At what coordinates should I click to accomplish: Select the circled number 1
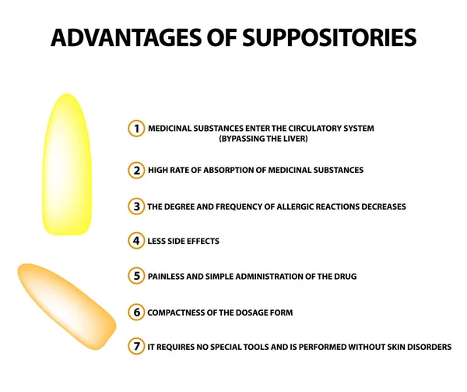[137, 129]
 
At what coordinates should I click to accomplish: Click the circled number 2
[137, 170]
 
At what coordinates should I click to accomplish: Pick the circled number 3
[137, 207]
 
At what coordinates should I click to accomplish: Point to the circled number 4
[137, 241]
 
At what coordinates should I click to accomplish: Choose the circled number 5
[137, 276]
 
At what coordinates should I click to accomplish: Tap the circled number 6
[137, 313]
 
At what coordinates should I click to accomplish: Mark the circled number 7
[137, 347]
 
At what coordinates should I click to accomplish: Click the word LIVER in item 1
[293, 139]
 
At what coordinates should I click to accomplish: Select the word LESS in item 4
[158, 241]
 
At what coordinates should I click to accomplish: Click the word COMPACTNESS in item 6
[178, 313]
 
